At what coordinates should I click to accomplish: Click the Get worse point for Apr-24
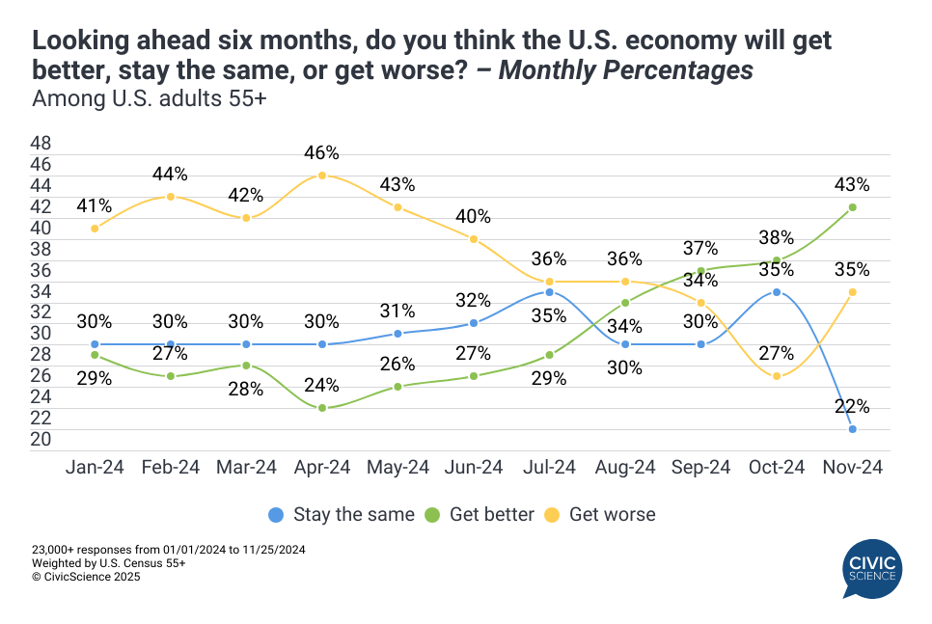click(321, 176)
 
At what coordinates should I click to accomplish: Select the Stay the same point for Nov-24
click(853, 429)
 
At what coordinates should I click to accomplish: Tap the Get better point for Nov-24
click(853, 207)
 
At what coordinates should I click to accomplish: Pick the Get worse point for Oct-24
click(777, 376)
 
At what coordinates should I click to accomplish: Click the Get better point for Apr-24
click(321, 408)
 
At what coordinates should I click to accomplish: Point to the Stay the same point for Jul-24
click(549, 292)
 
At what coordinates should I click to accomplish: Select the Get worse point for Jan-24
click(95, 229)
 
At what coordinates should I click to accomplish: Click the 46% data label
click(321, 152)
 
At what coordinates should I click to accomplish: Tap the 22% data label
click(853, 406)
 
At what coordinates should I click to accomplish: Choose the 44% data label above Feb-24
click(170, 174)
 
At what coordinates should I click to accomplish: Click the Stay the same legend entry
click(343, 514)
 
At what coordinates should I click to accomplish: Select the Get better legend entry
click(485, 514)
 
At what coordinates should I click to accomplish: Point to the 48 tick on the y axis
click(41, 143)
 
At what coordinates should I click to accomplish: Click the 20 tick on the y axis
click(41, 440)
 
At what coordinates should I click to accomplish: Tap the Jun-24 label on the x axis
click(473, 467)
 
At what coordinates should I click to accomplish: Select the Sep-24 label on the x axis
click(701, 467)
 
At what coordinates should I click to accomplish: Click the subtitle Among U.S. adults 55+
click(149, 98)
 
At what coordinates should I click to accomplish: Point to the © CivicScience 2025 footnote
click(86, 577)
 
